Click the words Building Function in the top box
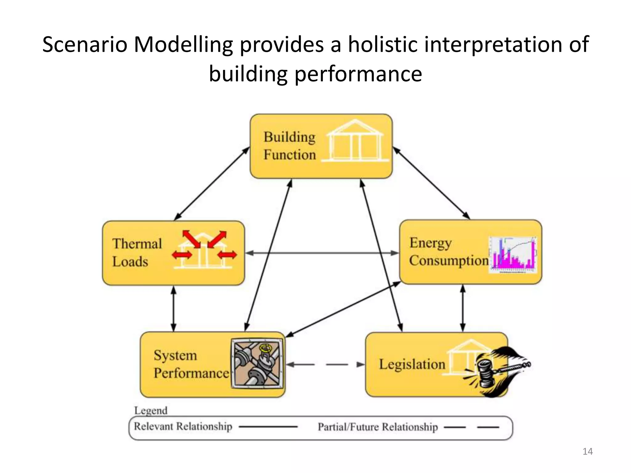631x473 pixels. [290, 146]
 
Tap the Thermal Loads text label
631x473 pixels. [136, 253]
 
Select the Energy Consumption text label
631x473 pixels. [449, 252]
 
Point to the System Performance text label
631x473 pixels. [191, 364]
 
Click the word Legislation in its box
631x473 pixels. [412, 364]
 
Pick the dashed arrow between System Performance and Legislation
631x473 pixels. [325, 365]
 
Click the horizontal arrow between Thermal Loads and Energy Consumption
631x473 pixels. [322, 253]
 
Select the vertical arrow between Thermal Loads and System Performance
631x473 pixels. [173, 309]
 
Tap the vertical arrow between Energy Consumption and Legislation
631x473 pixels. [462, 308]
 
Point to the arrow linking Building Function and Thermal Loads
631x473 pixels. [212, 184]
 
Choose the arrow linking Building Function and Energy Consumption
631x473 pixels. [431, 183]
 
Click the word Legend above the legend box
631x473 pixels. [151, 410]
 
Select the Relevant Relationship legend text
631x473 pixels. [183, 427]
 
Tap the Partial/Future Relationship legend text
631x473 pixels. [378, 427]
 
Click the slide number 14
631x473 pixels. [588, 451]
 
